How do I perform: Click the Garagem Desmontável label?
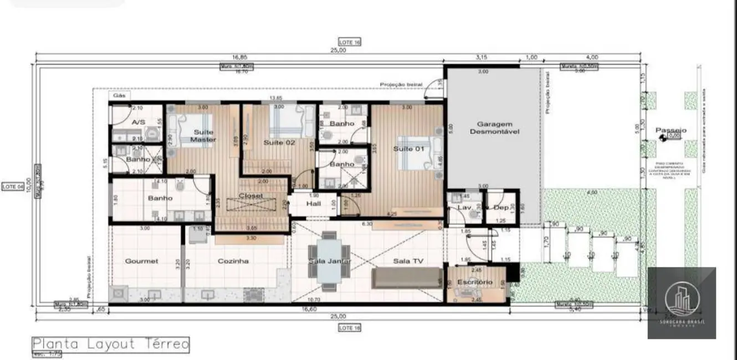(494, 128)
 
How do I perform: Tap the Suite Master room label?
(203, 136)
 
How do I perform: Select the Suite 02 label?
(279, 142)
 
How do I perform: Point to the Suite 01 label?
(408, 148)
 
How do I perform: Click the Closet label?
(250, 196)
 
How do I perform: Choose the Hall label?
(314, 204)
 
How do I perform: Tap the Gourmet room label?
(141, 261)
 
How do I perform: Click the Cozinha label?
(233, 261)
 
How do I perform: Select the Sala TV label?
(408, 261)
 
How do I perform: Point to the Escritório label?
(474, 282)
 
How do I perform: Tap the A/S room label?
(138, 122)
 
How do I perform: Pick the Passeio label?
(671, 131)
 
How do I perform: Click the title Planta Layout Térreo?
(110, 344)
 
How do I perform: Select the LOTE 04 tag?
(13, 187)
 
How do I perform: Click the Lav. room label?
(463, 207)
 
